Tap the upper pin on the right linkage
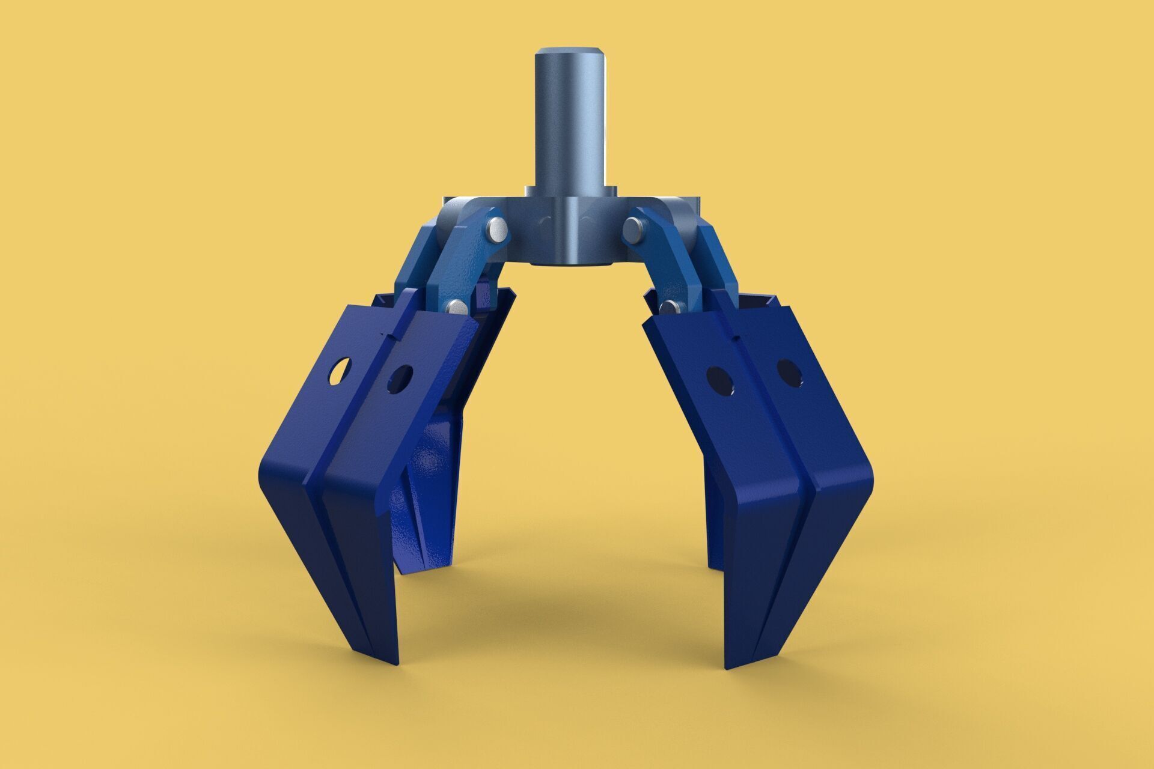(633, 228)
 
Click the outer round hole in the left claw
(340, 371)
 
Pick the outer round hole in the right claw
(789, 372)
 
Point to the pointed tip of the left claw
(394, 661)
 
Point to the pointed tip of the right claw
(730, 666)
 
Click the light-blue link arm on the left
(463, 264)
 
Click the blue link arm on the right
(670, 258)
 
